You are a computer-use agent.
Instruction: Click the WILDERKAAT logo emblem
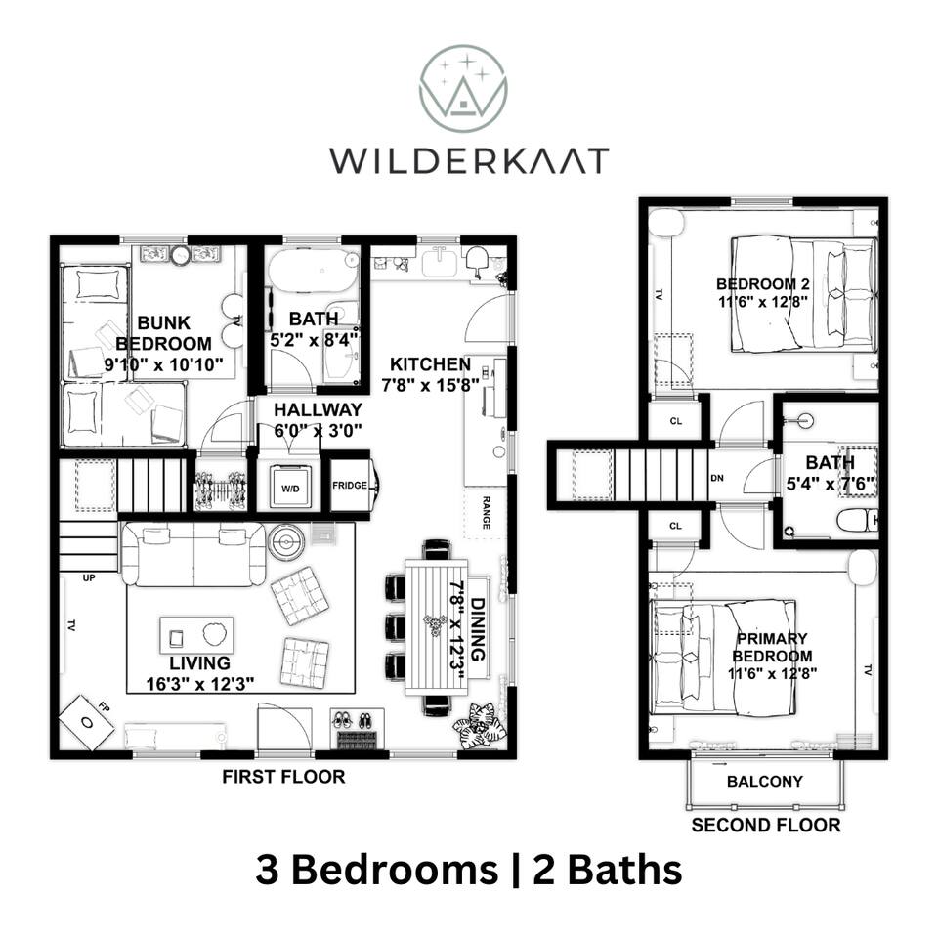463,89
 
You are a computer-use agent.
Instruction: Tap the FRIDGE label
350,486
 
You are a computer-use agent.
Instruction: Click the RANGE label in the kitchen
486,513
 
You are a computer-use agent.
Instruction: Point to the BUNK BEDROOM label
163,333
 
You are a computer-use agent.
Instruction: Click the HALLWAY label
319,409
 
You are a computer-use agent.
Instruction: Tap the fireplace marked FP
87,722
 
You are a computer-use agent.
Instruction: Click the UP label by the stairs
89,577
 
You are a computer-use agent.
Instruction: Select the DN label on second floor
717,478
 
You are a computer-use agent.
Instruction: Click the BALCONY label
764,782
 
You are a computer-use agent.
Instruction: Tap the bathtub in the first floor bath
314,271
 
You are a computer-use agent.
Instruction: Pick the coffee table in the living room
196,635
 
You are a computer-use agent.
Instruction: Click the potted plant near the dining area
480,725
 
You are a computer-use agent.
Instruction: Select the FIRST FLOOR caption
283,777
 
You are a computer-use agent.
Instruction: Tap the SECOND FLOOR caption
766,826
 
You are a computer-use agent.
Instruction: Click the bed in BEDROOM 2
804,294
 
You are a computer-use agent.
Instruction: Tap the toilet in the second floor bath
857,520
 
